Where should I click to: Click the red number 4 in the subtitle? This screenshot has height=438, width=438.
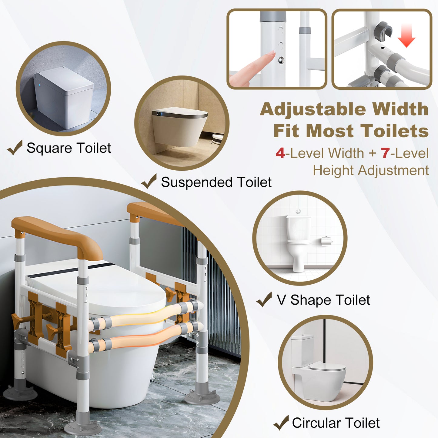coord(280,153)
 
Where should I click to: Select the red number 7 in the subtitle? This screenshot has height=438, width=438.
coord(385,153)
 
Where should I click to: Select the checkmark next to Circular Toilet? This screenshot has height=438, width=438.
coord(281,423)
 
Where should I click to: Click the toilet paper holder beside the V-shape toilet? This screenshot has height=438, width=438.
coord(326,241)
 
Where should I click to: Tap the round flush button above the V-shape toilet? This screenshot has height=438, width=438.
coord(299,211)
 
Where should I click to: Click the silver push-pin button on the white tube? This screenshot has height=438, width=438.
coord(281,60)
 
